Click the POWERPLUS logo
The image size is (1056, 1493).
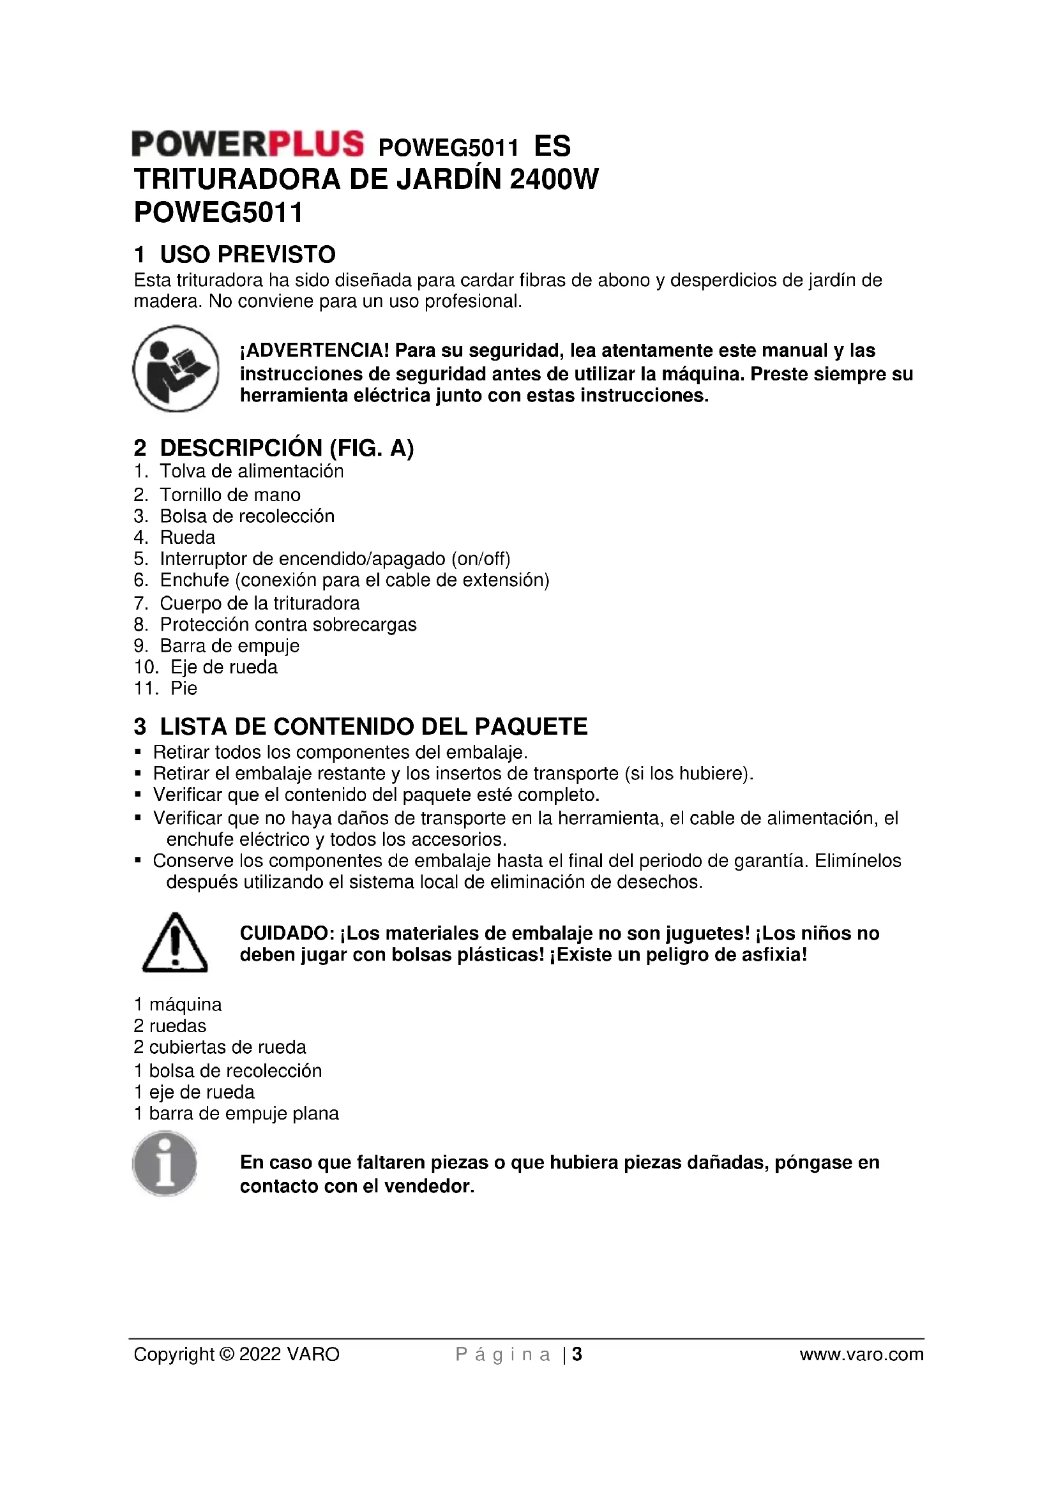pos(247,144)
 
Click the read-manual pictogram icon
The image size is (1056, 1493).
pos(176,369)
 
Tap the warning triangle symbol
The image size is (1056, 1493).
pos(175,943)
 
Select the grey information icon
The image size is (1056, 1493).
pos(165,1164)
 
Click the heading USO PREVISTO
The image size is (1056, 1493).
pos(247,254)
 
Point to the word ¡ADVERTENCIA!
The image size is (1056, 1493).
pos(315,350)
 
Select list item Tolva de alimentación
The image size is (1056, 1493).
pos(252,472)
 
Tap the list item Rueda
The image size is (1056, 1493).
pos(187,537)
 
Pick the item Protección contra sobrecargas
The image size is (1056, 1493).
pos(288,625)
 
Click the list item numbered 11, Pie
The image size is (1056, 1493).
pos(183,689)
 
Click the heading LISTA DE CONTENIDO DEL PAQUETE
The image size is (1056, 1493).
pos(373,726)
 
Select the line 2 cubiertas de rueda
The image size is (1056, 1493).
pos(220,1047)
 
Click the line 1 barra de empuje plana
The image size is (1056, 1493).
pos(236,1114)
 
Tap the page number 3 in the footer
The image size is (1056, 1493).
pos(577,1354)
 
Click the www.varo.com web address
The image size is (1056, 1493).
pos(861,1354)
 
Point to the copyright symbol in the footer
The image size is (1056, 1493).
pos(227,1354)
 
